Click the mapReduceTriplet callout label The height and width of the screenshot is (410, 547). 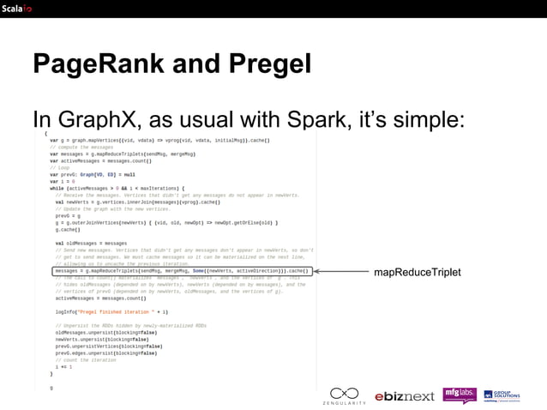(x=418, y=272)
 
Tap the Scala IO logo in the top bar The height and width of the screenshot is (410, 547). (x=16, y=9)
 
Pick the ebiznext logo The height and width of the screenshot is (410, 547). (x=404, y=395)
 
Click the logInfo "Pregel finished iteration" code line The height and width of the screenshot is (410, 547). (x=111, y=312)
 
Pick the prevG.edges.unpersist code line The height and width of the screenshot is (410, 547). (x=106, y=353)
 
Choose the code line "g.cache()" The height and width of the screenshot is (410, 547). (x=68, y=229)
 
